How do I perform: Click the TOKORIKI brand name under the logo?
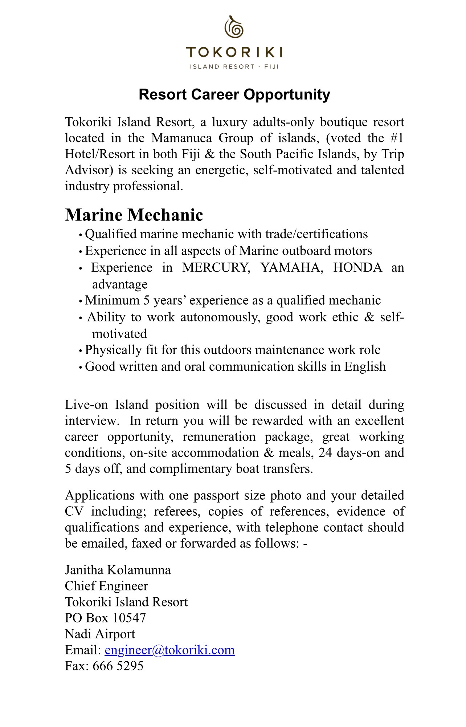234,53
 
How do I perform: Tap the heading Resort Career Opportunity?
234,94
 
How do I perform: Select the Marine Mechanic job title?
134,215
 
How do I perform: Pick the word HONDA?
357,268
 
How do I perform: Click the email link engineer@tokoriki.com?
169,650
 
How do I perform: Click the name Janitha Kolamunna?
118,570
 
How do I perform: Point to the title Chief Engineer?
106,586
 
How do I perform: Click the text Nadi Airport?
100,634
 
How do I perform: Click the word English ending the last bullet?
365,367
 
